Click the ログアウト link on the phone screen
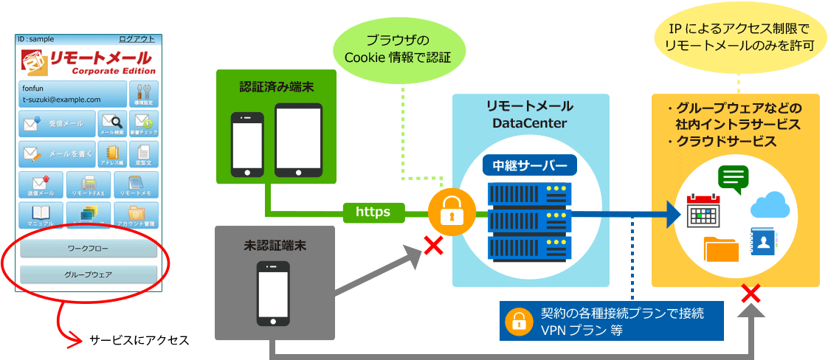pyautogui.click(x=137, y=39)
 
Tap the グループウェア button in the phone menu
pyautogui.click(x=88, y=275)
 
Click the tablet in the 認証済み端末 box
pyautogui.click(x=299, y=140)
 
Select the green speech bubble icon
pyautogui.click(x=733, y=179)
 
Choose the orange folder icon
pyautogui.click(x=721, y=249)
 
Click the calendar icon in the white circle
pyautogui.click(x=703, y=210)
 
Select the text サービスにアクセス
pyautogui.click(x=139, y=340)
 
